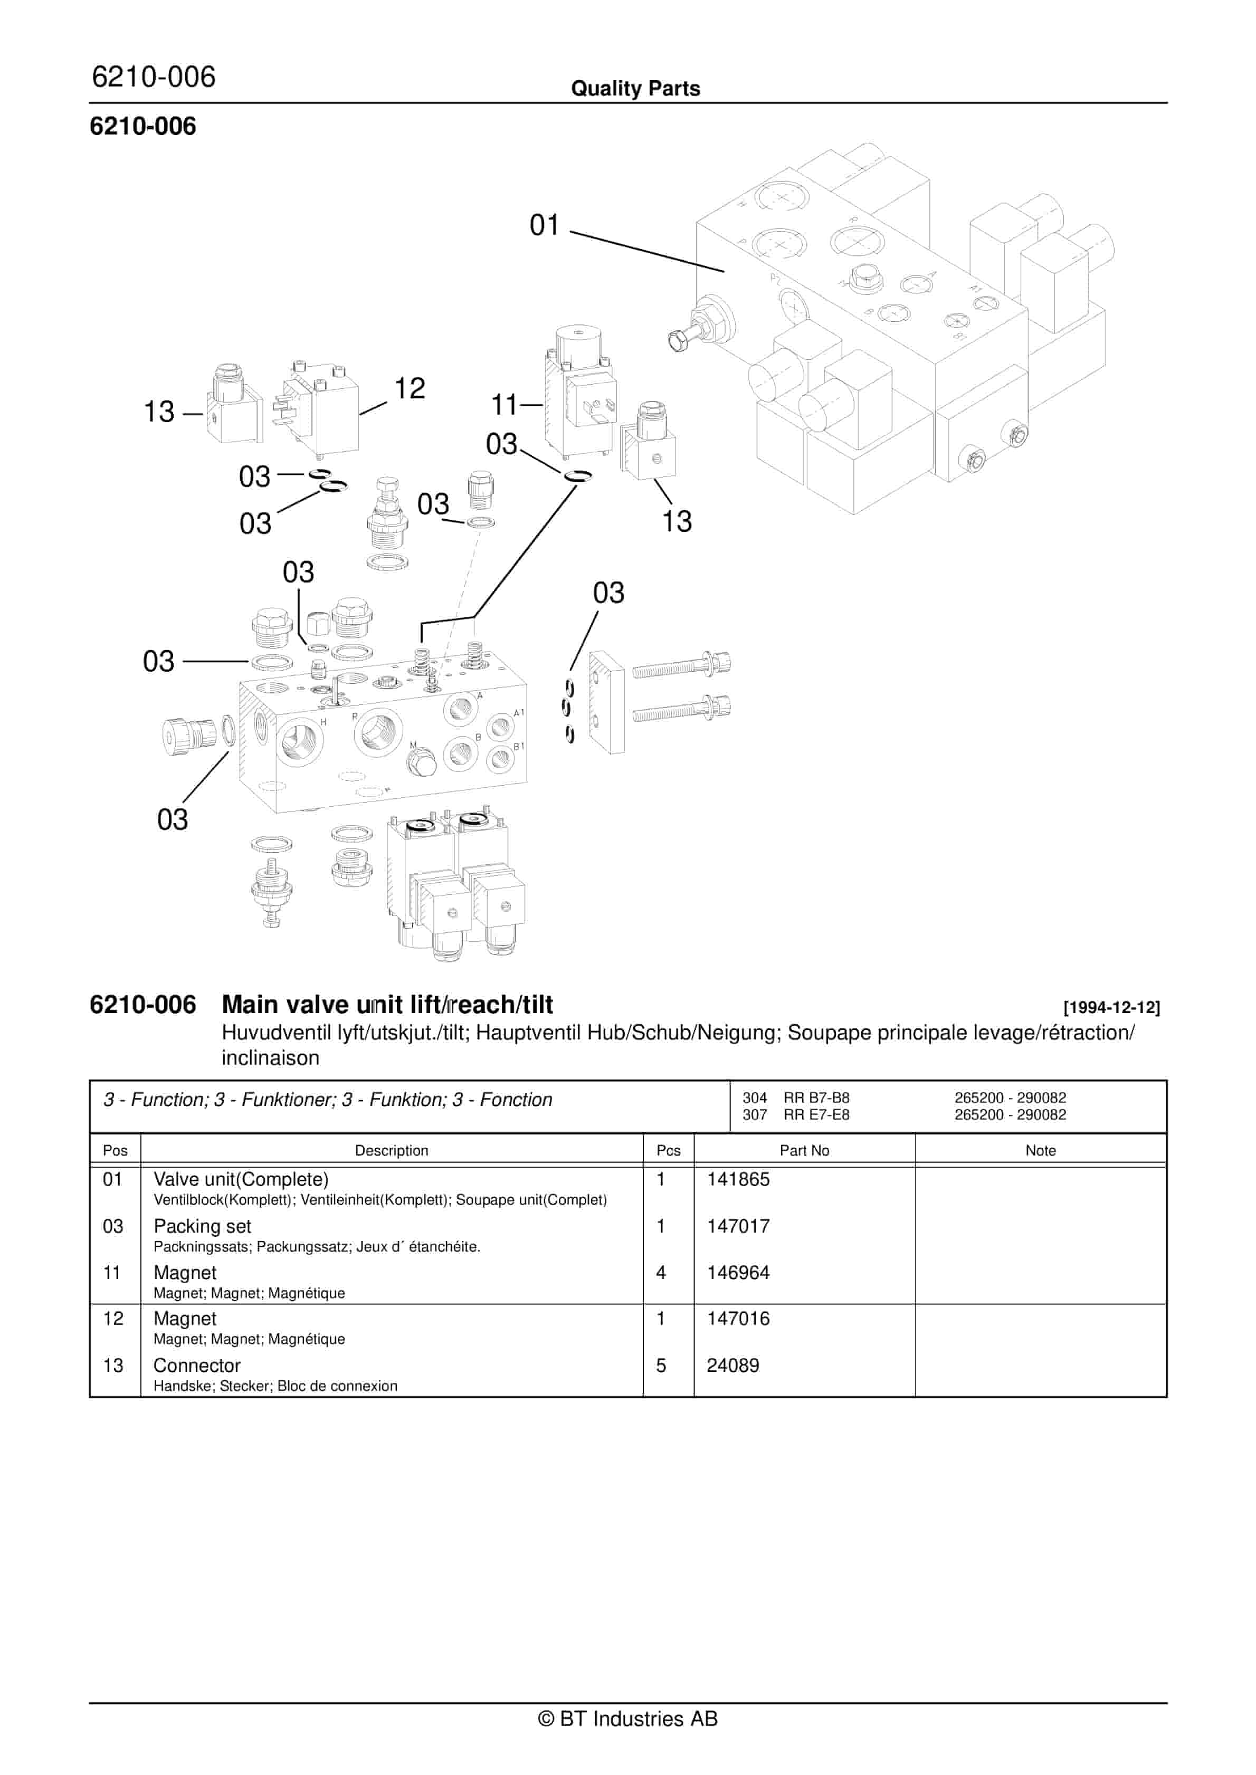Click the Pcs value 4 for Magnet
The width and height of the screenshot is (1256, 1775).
(x=661, y=1273)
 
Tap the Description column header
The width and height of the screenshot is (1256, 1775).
(x=392, y=1150)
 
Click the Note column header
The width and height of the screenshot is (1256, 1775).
(x=1040, y=1150)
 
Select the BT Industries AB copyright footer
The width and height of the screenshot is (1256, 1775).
(x=628, y=1719)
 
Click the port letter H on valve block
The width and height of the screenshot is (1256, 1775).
(x=323, y=722)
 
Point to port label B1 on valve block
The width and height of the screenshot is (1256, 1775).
(x=519, y=746)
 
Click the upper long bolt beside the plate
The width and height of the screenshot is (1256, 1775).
(x=681, y=666)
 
